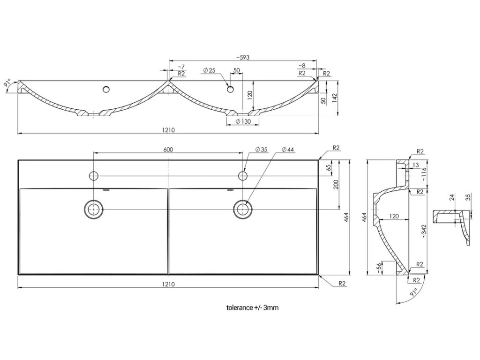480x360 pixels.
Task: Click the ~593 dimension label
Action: click(242, 58)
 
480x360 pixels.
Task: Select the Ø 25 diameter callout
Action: click(209, 70)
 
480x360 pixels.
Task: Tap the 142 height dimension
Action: click(335, 98)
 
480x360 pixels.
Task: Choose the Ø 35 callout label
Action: click(261, 150)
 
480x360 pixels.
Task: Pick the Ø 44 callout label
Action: click(288, 150)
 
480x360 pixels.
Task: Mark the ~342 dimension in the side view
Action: click(424, 228)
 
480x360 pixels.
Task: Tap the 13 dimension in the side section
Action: click(416, 165)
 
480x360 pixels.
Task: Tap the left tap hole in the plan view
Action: click(94, 176)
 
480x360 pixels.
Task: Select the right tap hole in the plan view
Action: click(243, 176)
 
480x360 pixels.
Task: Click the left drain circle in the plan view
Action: click(94, 208)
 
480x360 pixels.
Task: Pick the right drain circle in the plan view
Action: click(243, 208)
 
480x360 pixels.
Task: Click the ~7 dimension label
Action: click(181, 67)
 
